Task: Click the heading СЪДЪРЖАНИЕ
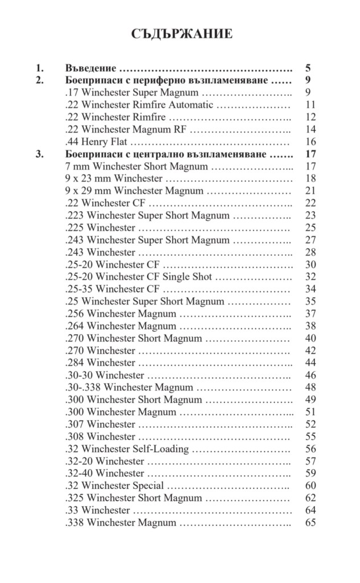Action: click(182, 34)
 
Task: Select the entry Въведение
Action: click(91, 68)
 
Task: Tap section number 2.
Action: click(39, 80)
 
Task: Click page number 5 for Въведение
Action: click(308, 68)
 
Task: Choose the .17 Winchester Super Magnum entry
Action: click(132, 92)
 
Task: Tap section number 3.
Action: click(39, 154)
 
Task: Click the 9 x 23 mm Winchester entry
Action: click(114, 179)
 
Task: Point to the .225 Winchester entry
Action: click(100, 228)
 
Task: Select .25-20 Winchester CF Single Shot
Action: click(139, 277)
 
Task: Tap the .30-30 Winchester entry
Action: click(105, 375)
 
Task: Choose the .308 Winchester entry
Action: click(100, 437)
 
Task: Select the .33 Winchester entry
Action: click(98, 510)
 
